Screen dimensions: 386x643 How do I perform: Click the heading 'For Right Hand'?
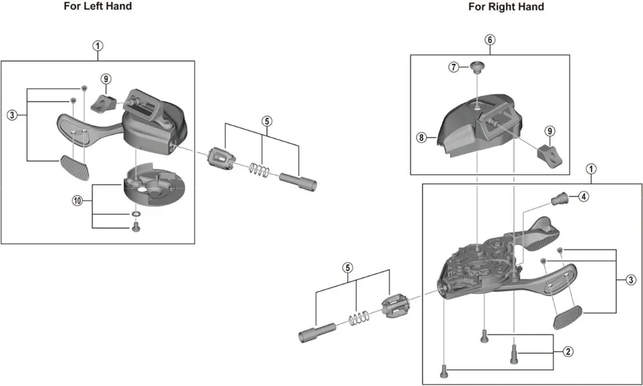[506, 7]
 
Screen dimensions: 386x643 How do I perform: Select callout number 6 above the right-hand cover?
[490, 40]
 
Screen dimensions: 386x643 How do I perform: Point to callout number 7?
[455, 66]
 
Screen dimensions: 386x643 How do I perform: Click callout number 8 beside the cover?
[421, 137]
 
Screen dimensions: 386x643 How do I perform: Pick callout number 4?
[583, 197]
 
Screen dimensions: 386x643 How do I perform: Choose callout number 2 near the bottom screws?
[568, 351]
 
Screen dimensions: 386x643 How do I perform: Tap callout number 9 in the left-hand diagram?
[106, 78]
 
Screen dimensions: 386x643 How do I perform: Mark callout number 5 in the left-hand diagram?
[267, 120]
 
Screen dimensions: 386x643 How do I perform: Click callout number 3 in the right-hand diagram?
[631, 280]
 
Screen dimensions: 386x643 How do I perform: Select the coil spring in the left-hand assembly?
[259, 169]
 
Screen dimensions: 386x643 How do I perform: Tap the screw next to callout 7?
[476, 66]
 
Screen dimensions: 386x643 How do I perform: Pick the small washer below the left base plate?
[136, 213]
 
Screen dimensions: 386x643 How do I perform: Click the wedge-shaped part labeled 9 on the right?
[548, 154]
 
